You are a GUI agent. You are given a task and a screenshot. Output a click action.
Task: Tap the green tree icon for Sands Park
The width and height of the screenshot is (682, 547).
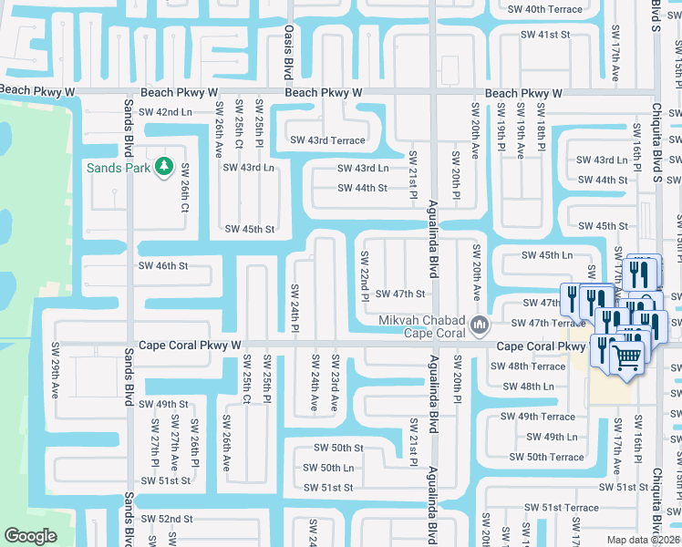[164, 166]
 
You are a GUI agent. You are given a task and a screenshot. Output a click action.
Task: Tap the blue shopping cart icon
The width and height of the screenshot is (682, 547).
[626, 356]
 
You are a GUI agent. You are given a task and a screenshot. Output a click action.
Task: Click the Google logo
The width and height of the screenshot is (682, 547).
[30, 536]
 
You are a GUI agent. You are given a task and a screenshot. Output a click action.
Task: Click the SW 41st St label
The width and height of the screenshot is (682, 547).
[544, 35]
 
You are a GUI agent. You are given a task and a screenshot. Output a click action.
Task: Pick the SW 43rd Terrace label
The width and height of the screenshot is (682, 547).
[327, 140]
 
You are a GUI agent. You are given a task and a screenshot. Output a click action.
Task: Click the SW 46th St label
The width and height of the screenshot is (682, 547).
[162, 266]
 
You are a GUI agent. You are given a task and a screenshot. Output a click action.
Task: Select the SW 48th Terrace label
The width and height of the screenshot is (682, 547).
[528, 366]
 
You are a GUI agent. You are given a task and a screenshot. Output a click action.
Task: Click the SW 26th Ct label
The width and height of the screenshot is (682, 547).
[185, 187]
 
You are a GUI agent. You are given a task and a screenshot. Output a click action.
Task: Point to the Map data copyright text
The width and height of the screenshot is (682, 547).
[644, 540]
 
